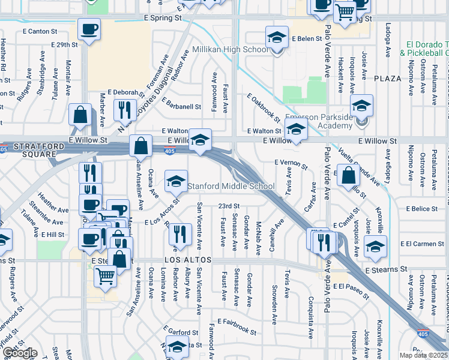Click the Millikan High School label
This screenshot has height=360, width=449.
[231, 49]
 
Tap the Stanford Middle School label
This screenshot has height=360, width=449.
[232, 186]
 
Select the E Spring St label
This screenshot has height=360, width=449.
[163, 19]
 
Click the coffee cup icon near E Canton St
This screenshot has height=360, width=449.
[89, 29]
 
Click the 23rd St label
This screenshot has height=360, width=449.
[229, 206]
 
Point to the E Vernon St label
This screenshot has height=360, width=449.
[291, 162]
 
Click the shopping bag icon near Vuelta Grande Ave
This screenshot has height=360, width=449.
[348, 176]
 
